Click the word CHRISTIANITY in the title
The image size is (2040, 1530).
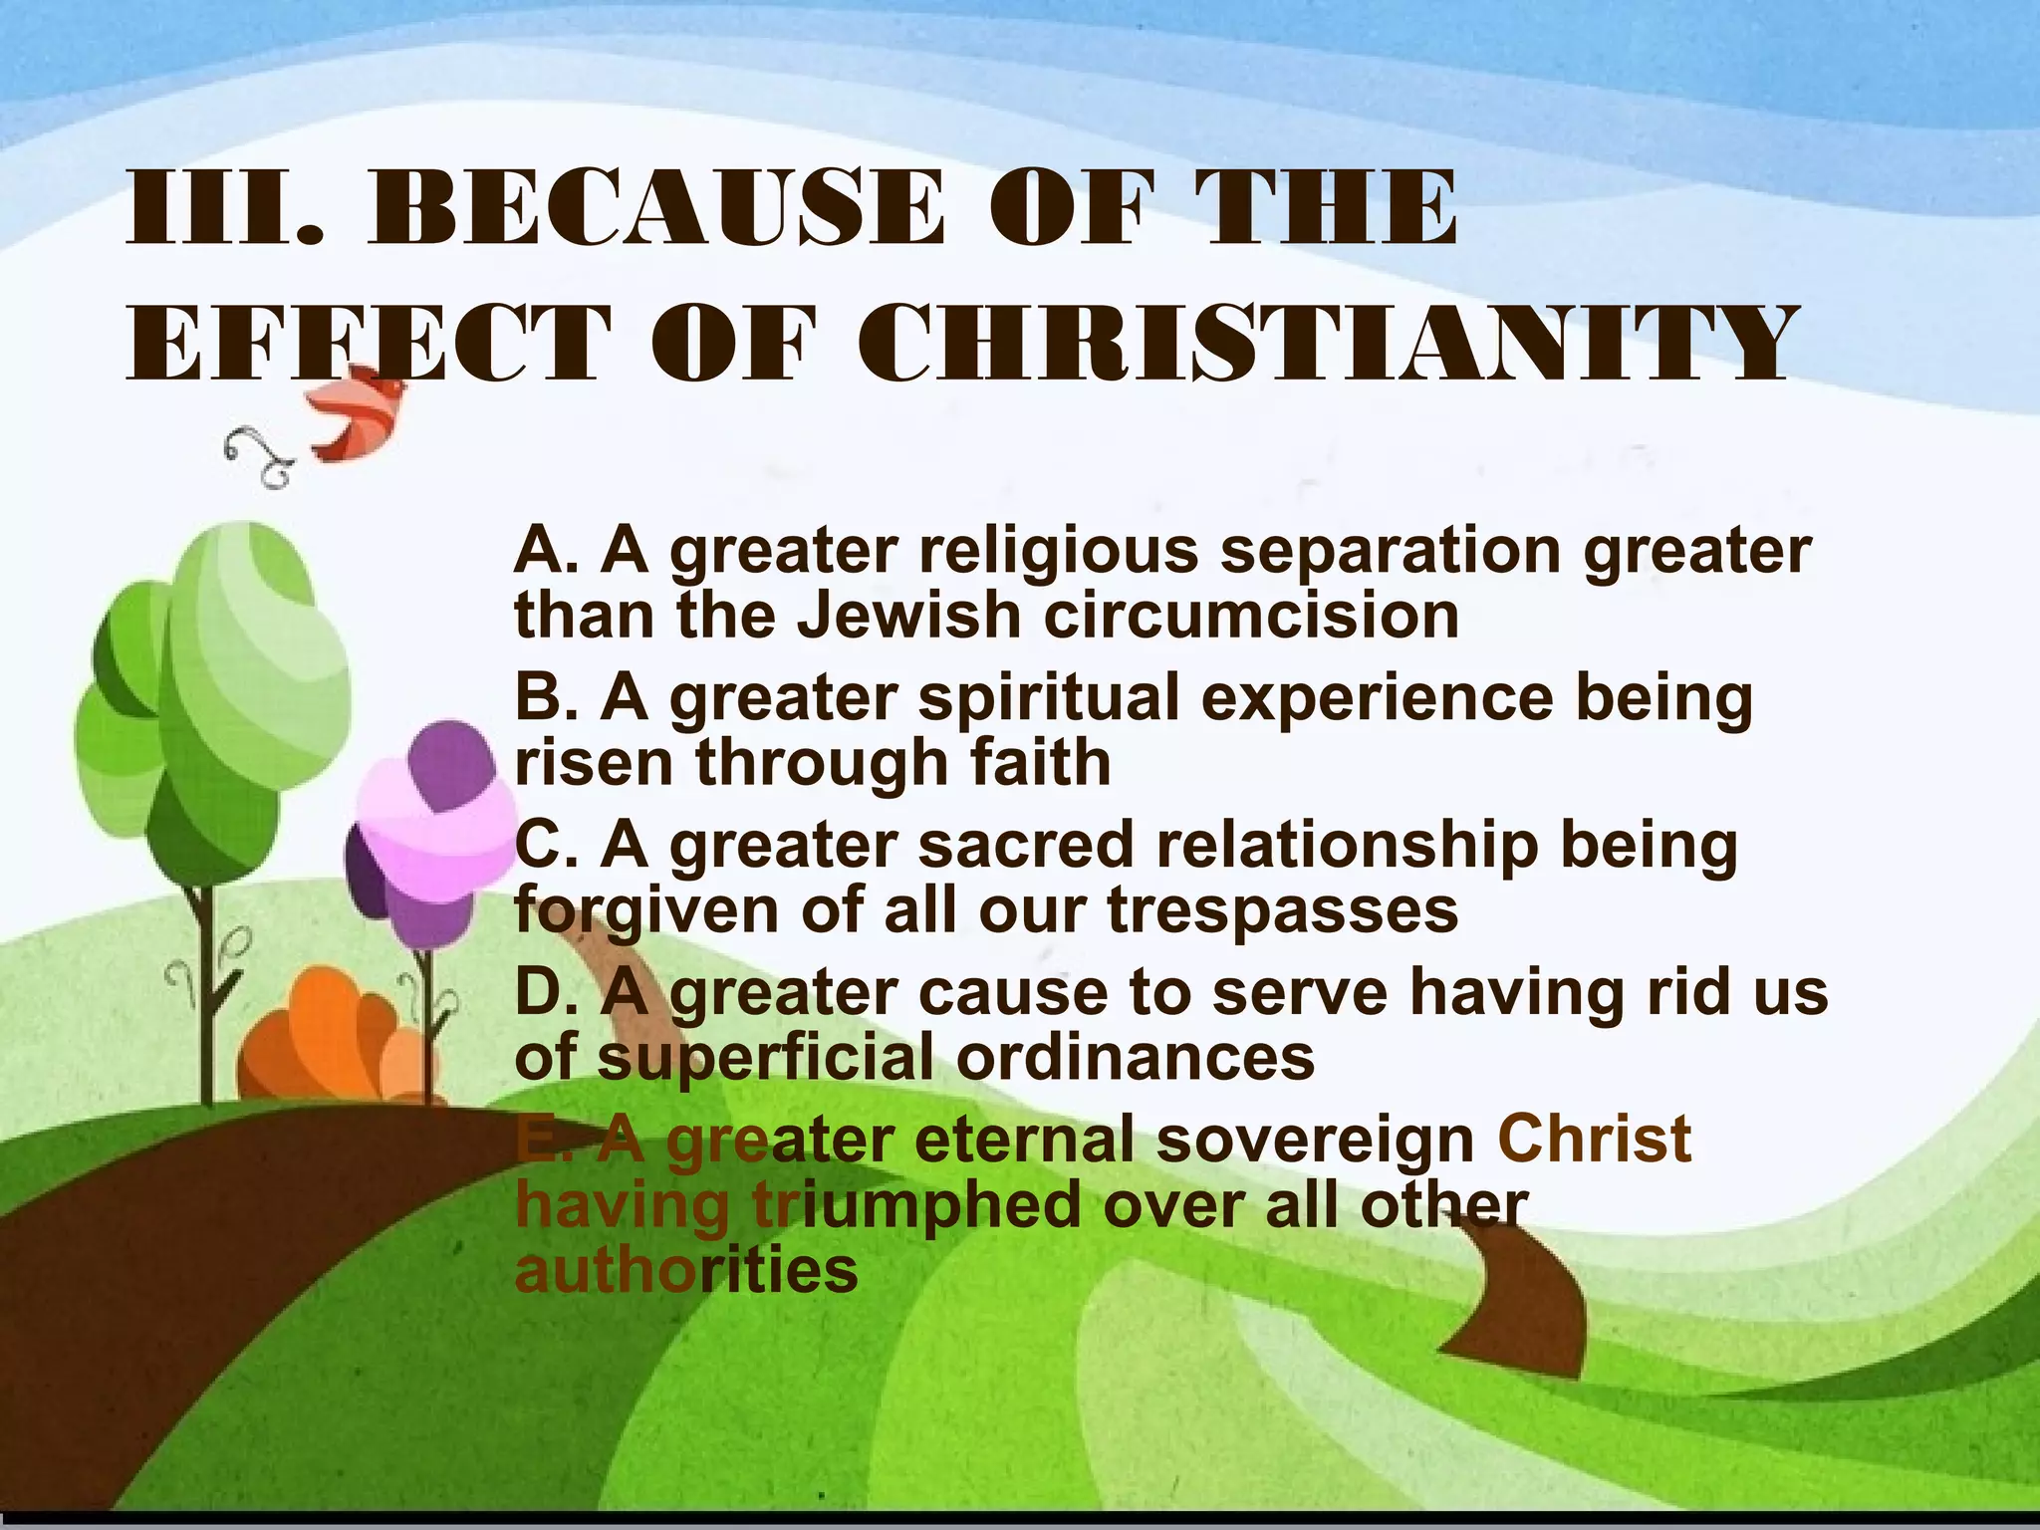point(1325,344)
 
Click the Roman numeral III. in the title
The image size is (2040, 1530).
point(225,208)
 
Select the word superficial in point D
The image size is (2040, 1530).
point(766,1058)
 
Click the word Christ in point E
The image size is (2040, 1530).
point(1594,1139)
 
